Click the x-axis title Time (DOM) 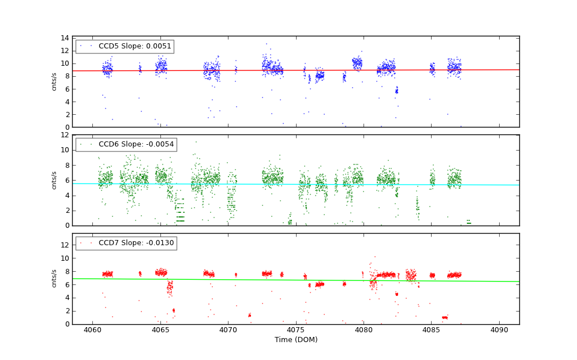pyautogui.click(x=296, y=340)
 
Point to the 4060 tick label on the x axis pyautogui.click(x=92, y=331)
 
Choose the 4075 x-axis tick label pyautogui.click(x=295, y=331)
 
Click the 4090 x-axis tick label pyautogui.click(x=499, y=331)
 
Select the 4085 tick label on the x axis pyautogui.click(x=431, y=331)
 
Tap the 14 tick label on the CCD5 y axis pyautogui.click(x=65, y=38)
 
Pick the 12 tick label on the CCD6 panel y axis pyautogui.click(x=65, y=135)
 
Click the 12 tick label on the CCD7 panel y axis pyautogui.click(x=65, y=245)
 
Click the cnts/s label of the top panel pyautogui.click(x=55, y=82)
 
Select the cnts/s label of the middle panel pyautogui.click(x=55, y=180)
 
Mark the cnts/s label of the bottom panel pyautogui.click(x=55, y=279)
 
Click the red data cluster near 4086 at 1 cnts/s pyautogui.click(x=444, y=317)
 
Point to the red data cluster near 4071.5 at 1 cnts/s pyautogui.click(x=249, y=315)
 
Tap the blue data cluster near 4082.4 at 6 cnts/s pyautogui.click(x=396, y=90)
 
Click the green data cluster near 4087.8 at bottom pyautogui.click(x=469, y=222)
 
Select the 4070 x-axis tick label pyautogui.click(x=228, y=331)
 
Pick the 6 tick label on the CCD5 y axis pyautogui.click(x=67, y=89)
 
